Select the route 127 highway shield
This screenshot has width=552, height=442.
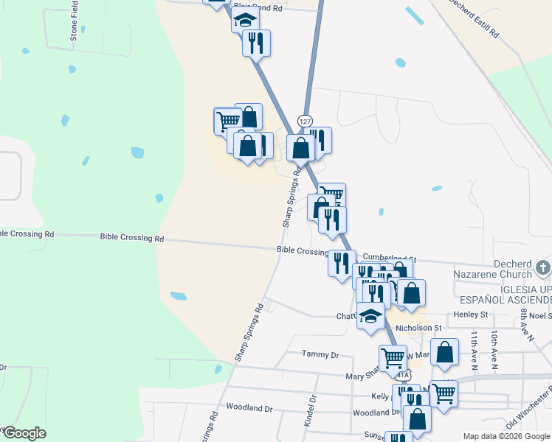306,120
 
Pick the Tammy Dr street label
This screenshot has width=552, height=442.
320,354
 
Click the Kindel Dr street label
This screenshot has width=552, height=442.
310,411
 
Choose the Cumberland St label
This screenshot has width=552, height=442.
389,259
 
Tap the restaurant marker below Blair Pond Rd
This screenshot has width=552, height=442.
256,42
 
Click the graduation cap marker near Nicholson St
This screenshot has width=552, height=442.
370,315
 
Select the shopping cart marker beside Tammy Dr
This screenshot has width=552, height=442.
393,358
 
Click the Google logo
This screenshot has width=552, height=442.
24,433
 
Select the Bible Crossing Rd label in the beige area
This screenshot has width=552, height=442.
132,238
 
